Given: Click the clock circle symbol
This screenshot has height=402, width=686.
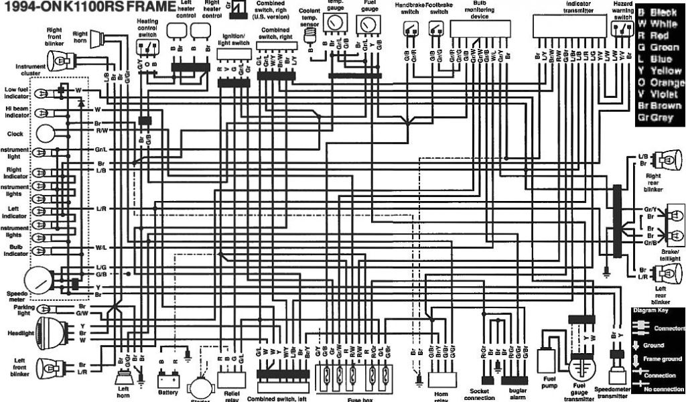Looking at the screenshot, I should pyautogui.click(x=47, y=133).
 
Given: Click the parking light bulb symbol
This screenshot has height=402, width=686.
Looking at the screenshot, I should pyautogui.click(x=48, y=309).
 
